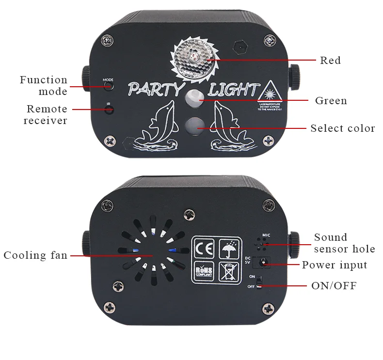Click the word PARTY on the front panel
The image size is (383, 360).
click(155, 90)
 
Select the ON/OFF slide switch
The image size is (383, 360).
click(259, 282)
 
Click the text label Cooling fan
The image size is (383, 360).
click(35, 255)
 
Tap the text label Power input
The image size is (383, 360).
click(335, 265)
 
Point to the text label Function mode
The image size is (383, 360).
click(44, 86)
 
